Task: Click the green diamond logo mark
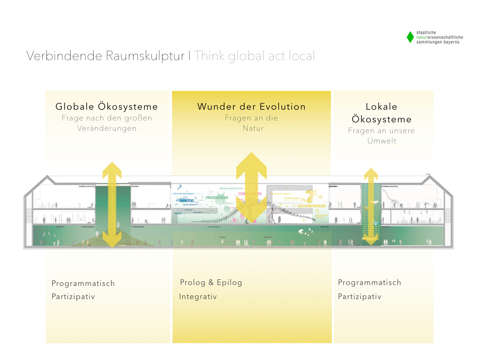coord(410,37)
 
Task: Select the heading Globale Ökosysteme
coord(107,107)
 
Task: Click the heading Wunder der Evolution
coord(251,107)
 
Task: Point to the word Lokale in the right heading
coord(381,107)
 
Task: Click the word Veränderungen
coord(107,128)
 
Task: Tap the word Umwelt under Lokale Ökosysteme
coord(382,141)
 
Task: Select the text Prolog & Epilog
coord(211,283)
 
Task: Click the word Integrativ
coord(198,297)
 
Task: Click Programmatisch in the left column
coord(83,284)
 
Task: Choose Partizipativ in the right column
coord(360,297)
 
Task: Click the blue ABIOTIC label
coord(187,201)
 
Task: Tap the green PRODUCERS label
coord(216,198)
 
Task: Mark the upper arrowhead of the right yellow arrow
coord(371,174)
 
